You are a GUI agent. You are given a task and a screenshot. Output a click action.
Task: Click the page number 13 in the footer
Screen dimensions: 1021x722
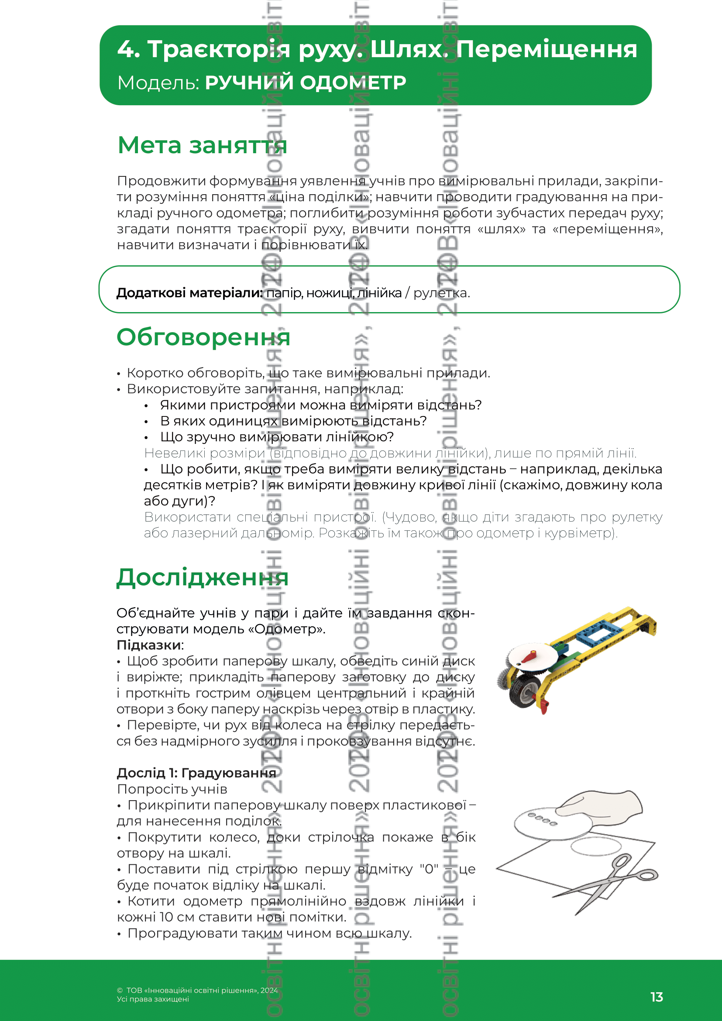[x=656, y=997]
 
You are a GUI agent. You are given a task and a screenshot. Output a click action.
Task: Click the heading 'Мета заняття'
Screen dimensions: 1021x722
[x=202, y=145]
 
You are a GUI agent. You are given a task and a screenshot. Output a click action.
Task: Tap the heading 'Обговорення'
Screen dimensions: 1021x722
[x=203, y=337]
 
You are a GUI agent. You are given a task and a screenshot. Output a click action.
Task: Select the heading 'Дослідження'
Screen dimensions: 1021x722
[x=202, y=577]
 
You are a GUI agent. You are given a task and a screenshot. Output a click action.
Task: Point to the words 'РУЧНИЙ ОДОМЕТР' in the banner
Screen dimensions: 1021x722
[x=306, y=83]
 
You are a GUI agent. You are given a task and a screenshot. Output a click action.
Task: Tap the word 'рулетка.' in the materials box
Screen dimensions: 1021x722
[x=441, y=293]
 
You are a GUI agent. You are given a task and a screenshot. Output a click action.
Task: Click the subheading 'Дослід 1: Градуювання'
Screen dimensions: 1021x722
[x=196, y=773]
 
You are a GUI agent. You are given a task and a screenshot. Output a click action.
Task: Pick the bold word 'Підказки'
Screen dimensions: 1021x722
[x=149, y=645]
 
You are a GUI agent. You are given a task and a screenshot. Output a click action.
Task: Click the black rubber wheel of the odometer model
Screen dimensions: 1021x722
[x=525, y=692]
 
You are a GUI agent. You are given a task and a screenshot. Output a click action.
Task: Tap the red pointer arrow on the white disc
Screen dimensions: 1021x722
[x=529, y=657]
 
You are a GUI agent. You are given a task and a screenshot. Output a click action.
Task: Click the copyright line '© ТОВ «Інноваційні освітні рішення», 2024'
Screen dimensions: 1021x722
[x=197, y=990]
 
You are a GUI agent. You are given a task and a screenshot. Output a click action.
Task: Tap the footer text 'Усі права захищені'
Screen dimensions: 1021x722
[x=153, y=999]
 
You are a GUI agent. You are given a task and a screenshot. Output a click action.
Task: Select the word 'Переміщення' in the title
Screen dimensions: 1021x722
[x=547, y=49]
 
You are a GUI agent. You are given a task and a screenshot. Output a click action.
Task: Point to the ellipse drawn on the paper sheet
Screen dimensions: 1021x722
[x=595, y=846]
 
